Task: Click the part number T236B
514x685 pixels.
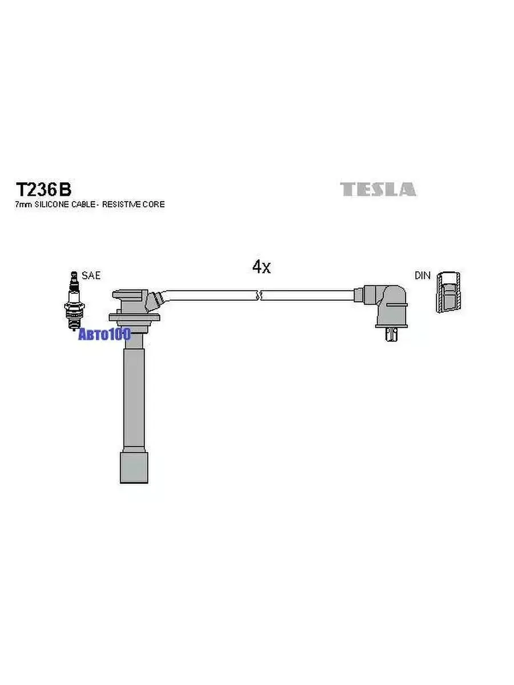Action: [x=43, y=190]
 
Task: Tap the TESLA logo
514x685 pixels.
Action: [x=378, y=190]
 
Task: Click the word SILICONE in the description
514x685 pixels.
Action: [x=52, y=204]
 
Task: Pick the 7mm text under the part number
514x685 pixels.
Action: [x=23, y=205]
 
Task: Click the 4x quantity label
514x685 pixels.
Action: [x=262, y=267]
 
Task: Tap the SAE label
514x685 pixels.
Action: [x=91, y=275]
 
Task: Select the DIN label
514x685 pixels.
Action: [x=423, y=276]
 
